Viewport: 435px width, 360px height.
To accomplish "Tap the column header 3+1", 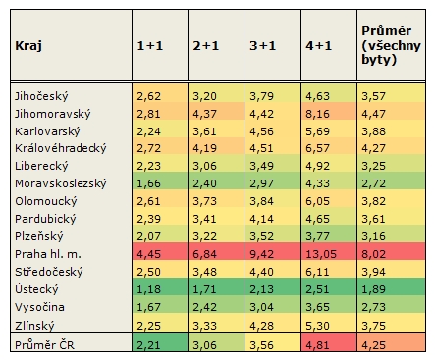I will [262, 46].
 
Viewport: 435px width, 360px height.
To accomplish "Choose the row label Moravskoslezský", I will [60, 184].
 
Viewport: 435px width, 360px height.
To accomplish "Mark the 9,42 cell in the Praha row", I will [262, 255].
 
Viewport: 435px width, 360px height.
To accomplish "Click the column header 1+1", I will [149, 46].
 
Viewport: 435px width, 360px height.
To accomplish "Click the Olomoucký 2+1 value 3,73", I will [205, 202].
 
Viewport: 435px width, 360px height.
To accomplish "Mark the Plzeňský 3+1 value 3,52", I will [262, 237].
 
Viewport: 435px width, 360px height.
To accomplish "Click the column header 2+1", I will [205, 46].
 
